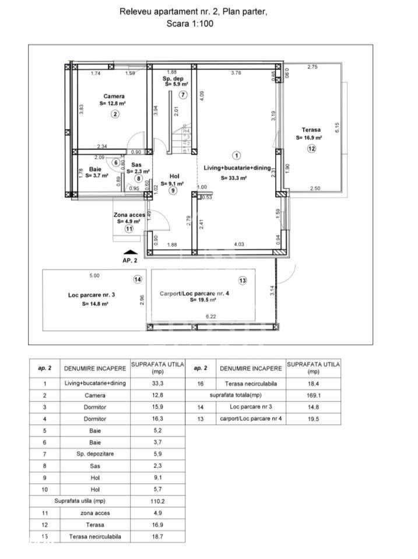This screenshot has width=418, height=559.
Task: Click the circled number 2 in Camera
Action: coord(115,114)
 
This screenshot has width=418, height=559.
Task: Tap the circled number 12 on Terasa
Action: coord(312,149)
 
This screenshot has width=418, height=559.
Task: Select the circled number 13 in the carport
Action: coord(243,281)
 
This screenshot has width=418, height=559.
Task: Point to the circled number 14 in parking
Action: coord(138,279)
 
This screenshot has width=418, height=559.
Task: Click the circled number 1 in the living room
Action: coord(236,155)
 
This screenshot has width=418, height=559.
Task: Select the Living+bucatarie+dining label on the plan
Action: coord(237,167)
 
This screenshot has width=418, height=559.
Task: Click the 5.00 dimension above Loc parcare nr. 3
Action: coord(94,275)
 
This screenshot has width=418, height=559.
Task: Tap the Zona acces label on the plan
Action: coord(129,215)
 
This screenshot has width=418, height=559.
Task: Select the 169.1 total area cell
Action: coord(313,394)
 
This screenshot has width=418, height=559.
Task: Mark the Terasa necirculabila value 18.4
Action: coord(313,383)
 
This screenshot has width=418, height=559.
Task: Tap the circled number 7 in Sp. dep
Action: coord(183,95)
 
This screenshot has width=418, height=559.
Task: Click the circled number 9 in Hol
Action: coord(173,190)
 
